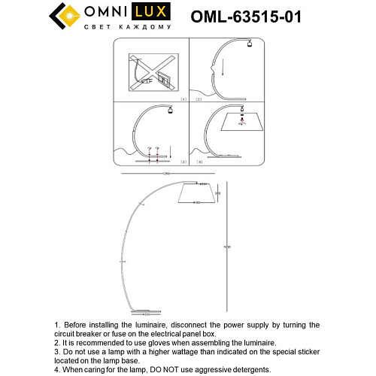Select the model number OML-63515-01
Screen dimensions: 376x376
tap(255, 16)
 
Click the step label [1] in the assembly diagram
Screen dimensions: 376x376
tap(183, 99)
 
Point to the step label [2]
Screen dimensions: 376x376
tap(199, 99)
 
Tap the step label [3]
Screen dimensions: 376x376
tap(183, 162)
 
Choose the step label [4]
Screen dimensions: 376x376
tap(199, 162)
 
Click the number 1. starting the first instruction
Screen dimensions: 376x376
tap(57, 325)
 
